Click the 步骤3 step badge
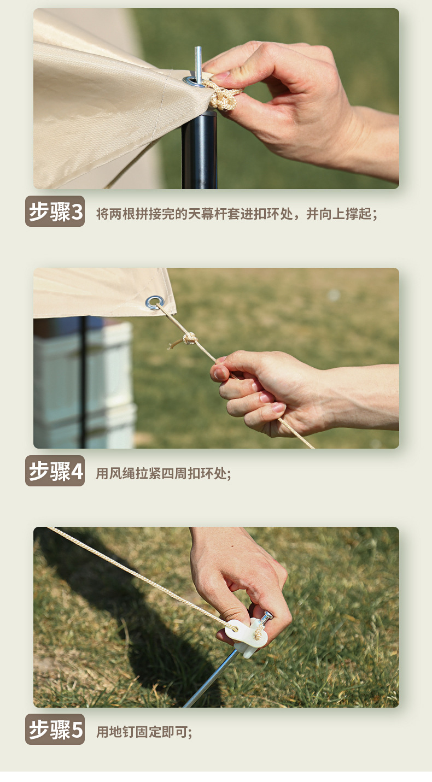click(x=55, y=211)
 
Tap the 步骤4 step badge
click(x=55, y=471)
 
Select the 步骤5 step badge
click(x=55, y=730)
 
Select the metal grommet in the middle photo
click(x=154, y=302)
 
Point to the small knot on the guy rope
click(x=189, y=339)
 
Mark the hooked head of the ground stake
click(x=266, y=618)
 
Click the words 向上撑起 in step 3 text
click(x=345, y=214)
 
